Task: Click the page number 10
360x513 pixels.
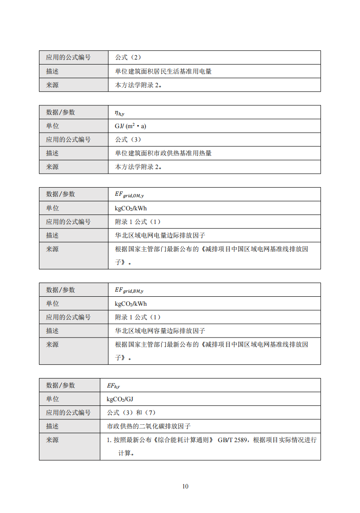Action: (185, 486)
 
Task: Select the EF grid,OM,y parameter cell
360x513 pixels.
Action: (129, 194)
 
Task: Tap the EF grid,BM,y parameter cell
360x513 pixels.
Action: (129, 290)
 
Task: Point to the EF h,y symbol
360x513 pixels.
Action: (113, 386)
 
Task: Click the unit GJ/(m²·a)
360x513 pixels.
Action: (131, 126)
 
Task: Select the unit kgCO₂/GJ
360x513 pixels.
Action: (120, 399)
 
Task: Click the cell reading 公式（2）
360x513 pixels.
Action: (128, 58)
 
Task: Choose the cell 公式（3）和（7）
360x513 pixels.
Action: (131, 413)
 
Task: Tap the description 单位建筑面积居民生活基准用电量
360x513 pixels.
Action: (163, 71)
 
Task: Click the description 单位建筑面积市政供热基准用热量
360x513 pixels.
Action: (163, 153)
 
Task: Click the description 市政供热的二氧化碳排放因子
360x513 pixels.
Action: (148, 426)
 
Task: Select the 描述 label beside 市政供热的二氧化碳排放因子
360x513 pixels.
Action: (53, 426)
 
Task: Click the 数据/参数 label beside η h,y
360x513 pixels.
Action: (60, 112)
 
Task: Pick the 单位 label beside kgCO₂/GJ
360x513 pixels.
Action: (53, 399)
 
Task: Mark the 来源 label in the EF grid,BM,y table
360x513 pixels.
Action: (53, 344)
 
